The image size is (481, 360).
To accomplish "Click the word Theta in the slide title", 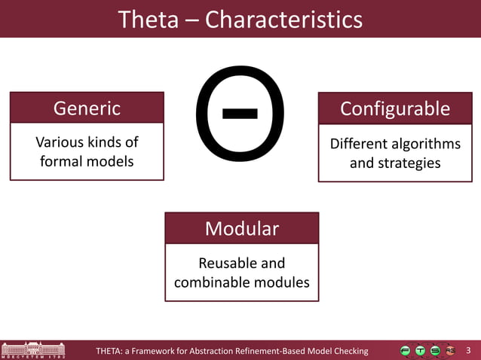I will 149,20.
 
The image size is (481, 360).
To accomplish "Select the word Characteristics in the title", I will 283,20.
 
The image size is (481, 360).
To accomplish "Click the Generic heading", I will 87,108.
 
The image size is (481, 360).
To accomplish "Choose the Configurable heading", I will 395,108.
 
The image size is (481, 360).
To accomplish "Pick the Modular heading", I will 242,229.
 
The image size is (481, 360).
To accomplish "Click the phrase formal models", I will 87,161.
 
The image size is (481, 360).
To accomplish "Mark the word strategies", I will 410,162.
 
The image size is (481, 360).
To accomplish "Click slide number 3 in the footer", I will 468,350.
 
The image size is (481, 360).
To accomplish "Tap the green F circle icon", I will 406,350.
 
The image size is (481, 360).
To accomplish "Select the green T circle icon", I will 420,350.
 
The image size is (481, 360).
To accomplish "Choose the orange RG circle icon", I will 450,350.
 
